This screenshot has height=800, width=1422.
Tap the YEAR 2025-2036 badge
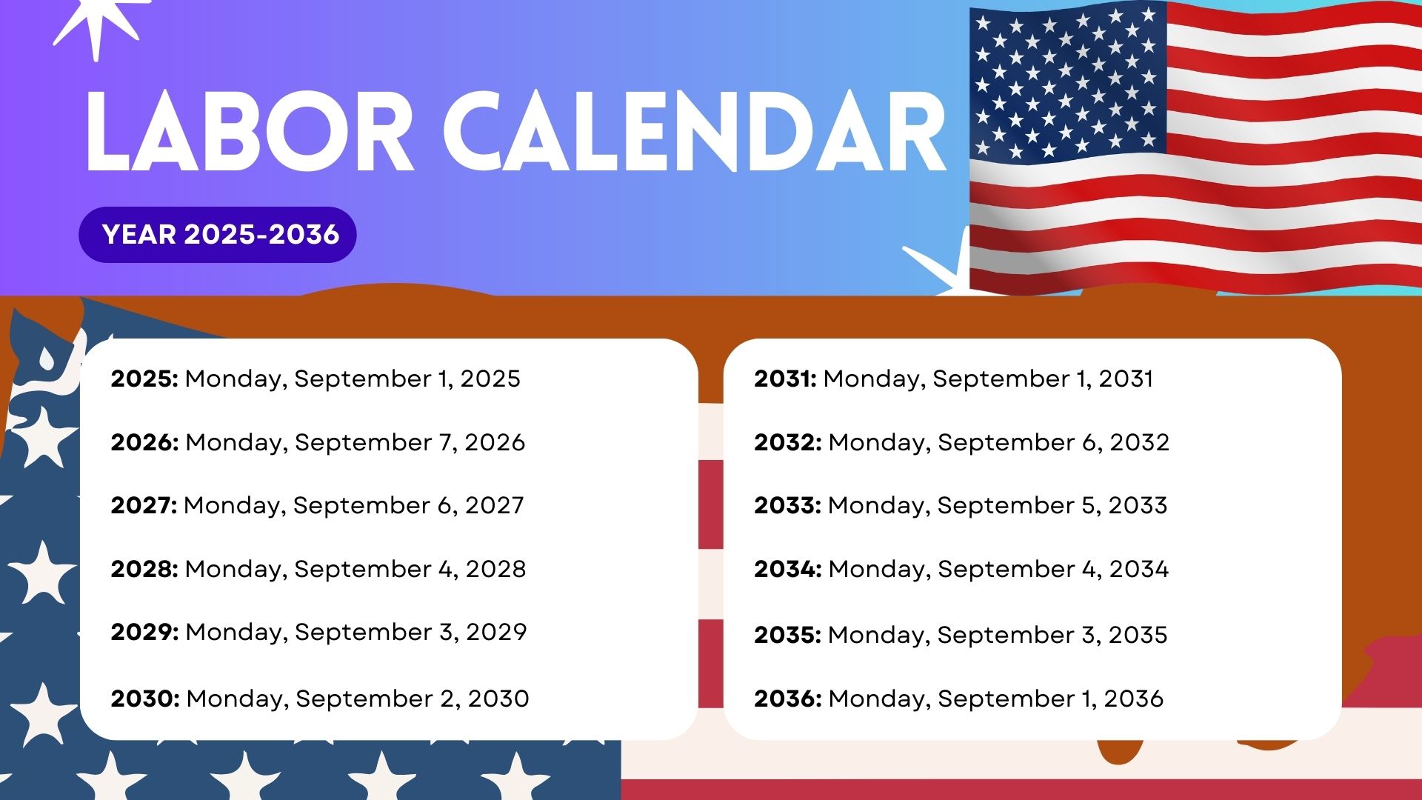218,235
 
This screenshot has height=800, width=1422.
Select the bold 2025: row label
144,379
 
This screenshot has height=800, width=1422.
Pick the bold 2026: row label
144,442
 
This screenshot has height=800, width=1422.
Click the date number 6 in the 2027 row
444,505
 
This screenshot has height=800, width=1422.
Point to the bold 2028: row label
144,569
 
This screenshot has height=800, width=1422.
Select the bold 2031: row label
785,379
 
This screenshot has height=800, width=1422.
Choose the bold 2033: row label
787,505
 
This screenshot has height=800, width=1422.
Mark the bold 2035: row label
787,635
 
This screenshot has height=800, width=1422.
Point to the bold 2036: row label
787,699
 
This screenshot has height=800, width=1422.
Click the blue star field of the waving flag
1066,81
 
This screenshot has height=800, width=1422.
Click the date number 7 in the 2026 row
445,442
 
